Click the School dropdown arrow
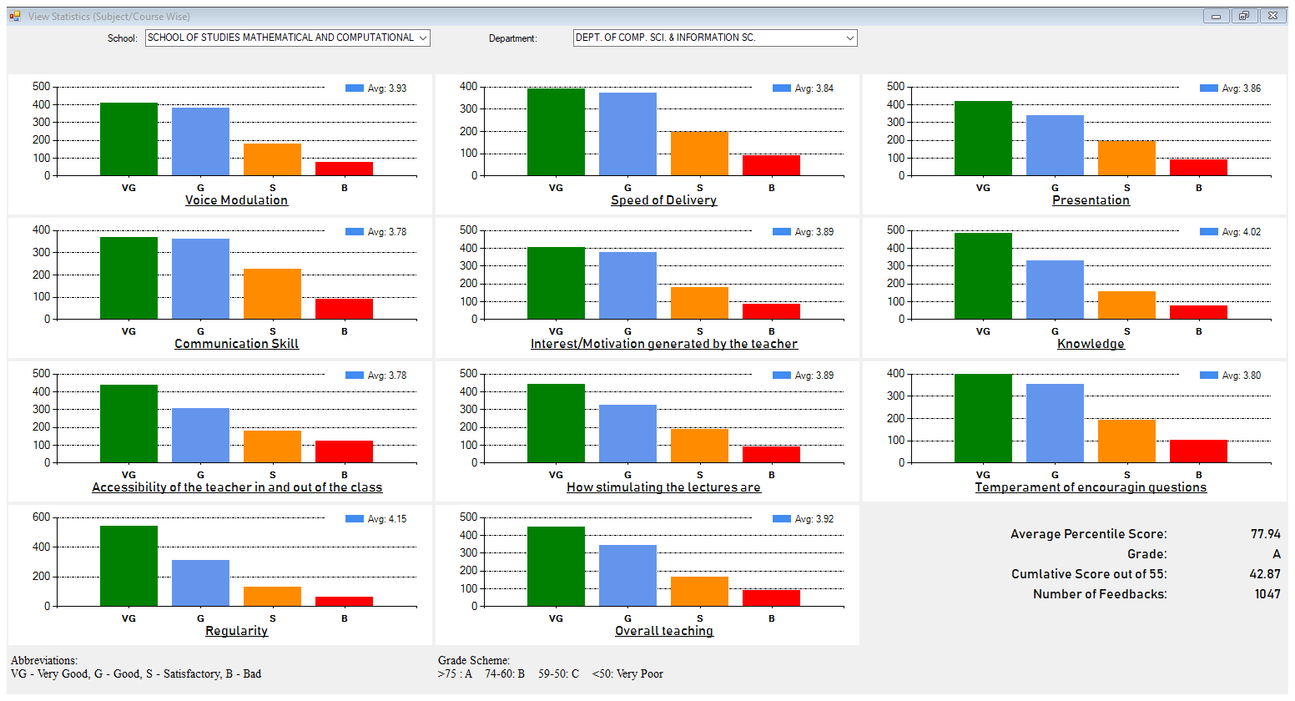pos(423,38)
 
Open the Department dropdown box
pos(714,38)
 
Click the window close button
pos(1273,16)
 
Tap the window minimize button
pos(1216,16)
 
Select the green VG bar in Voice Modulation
pos(128,139)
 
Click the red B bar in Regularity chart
pos(344,601)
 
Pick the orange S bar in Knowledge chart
pos(1126,305)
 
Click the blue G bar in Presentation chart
pos(1055,145)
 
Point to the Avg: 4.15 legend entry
pos(376,519)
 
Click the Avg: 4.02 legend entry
pos(1231,232)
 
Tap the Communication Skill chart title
pos(236,344)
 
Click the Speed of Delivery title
pos(663,200)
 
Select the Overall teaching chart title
pos(663,631)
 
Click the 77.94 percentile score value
pos(1265,534)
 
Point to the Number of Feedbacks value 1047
pos(1267,594)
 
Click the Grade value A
pos(1276,554)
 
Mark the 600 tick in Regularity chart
pos(41,517)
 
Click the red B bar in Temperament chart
pos(1198,451)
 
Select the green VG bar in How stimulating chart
pos(556,423)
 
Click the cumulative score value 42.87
pos(1265,574)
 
